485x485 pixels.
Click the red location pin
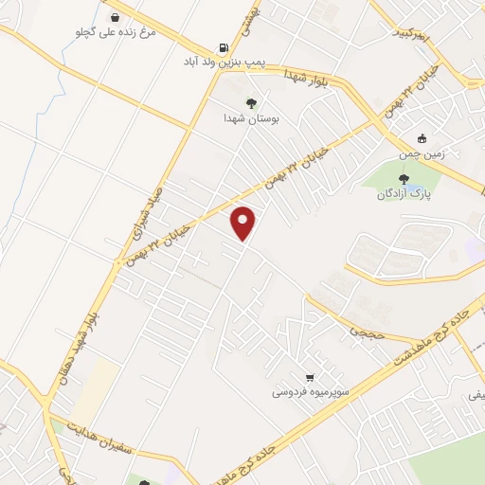pos(244,223)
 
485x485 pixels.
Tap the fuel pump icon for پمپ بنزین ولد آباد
pos(224,46)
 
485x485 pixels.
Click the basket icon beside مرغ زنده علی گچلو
pos(115,17)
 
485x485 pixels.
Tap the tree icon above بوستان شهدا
pos(251,104)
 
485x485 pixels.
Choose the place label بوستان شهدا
pos(249,119)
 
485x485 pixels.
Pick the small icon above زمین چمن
pos(422,137)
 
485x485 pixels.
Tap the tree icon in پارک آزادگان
pos(404,177)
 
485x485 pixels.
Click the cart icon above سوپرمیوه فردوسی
pos(310,376)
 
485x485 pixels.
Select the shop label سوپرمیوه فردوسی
pos(312,391)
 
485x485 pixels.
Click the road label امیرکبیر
pos(417,36)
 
